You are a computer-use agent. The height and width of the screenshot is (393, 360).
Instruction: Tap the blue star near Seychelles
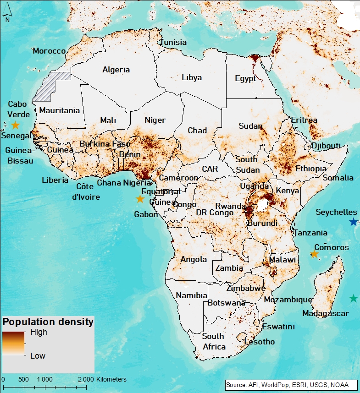(x=353, y=222)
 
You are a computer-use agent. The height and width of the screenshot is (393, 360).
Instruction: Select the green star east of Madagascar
(x=353, y=298)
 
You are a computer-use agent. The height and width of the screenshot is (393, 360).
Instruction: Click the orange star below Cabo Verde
(x=15, y=125)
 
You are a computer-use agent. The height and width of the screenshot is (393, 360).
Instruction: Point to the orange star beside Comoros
(x=314, y=254)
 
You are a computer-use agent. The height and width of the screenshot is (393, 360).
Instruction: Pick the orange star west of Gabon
(x=140, y=199)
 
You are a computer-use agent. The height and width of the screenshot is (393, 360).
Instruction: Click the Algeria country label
(x=116, y=70)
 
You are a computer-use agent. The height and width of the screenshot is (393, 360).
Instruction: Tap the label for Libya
(x=191, y=77)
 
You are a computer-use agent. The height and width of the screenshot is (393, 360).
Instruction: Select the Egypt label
(x=245, y=78)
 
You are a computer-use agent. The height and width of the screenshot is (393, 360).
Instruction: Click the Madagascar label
(x=326, y=314)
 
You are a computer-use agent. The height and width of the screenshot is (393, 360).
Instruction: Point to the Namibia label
(x=192, y=295)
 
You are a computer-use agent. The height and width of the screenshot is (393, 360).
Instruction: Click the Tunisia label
(x=173, y=42)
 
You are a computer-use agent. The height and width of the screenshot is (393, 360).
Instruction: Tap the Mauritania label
(x=59, y=110)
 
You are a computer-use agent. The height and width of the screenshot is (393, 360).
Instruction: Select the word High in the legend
(x=39, y=333)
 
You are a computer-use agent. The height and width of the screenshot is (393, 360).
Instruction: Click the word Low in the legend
(x=38, y=355)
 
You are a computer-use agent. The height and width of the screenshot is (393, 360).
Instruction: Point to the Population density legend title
(x=48, y=322)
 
